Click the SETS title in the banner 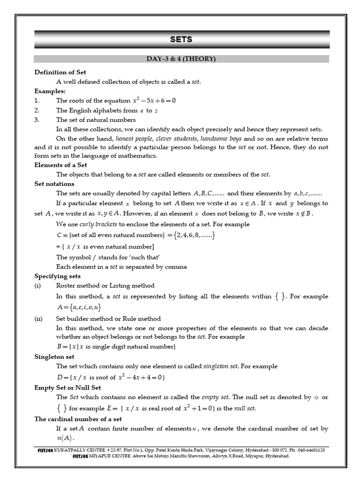pyautogui.click(x=181, y=40)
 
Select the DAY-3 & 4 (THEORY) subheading pyautogui.click(x=181, y=59)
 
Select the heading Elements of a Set pyautogui.click(x=61, y=165)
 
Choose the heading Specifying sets pyautogui.click(x=58, y=276)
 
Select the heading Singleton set pyautogui.click(x=54, y=357)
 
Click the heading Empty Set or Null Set pyautogui.click(x=67, y=388)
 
